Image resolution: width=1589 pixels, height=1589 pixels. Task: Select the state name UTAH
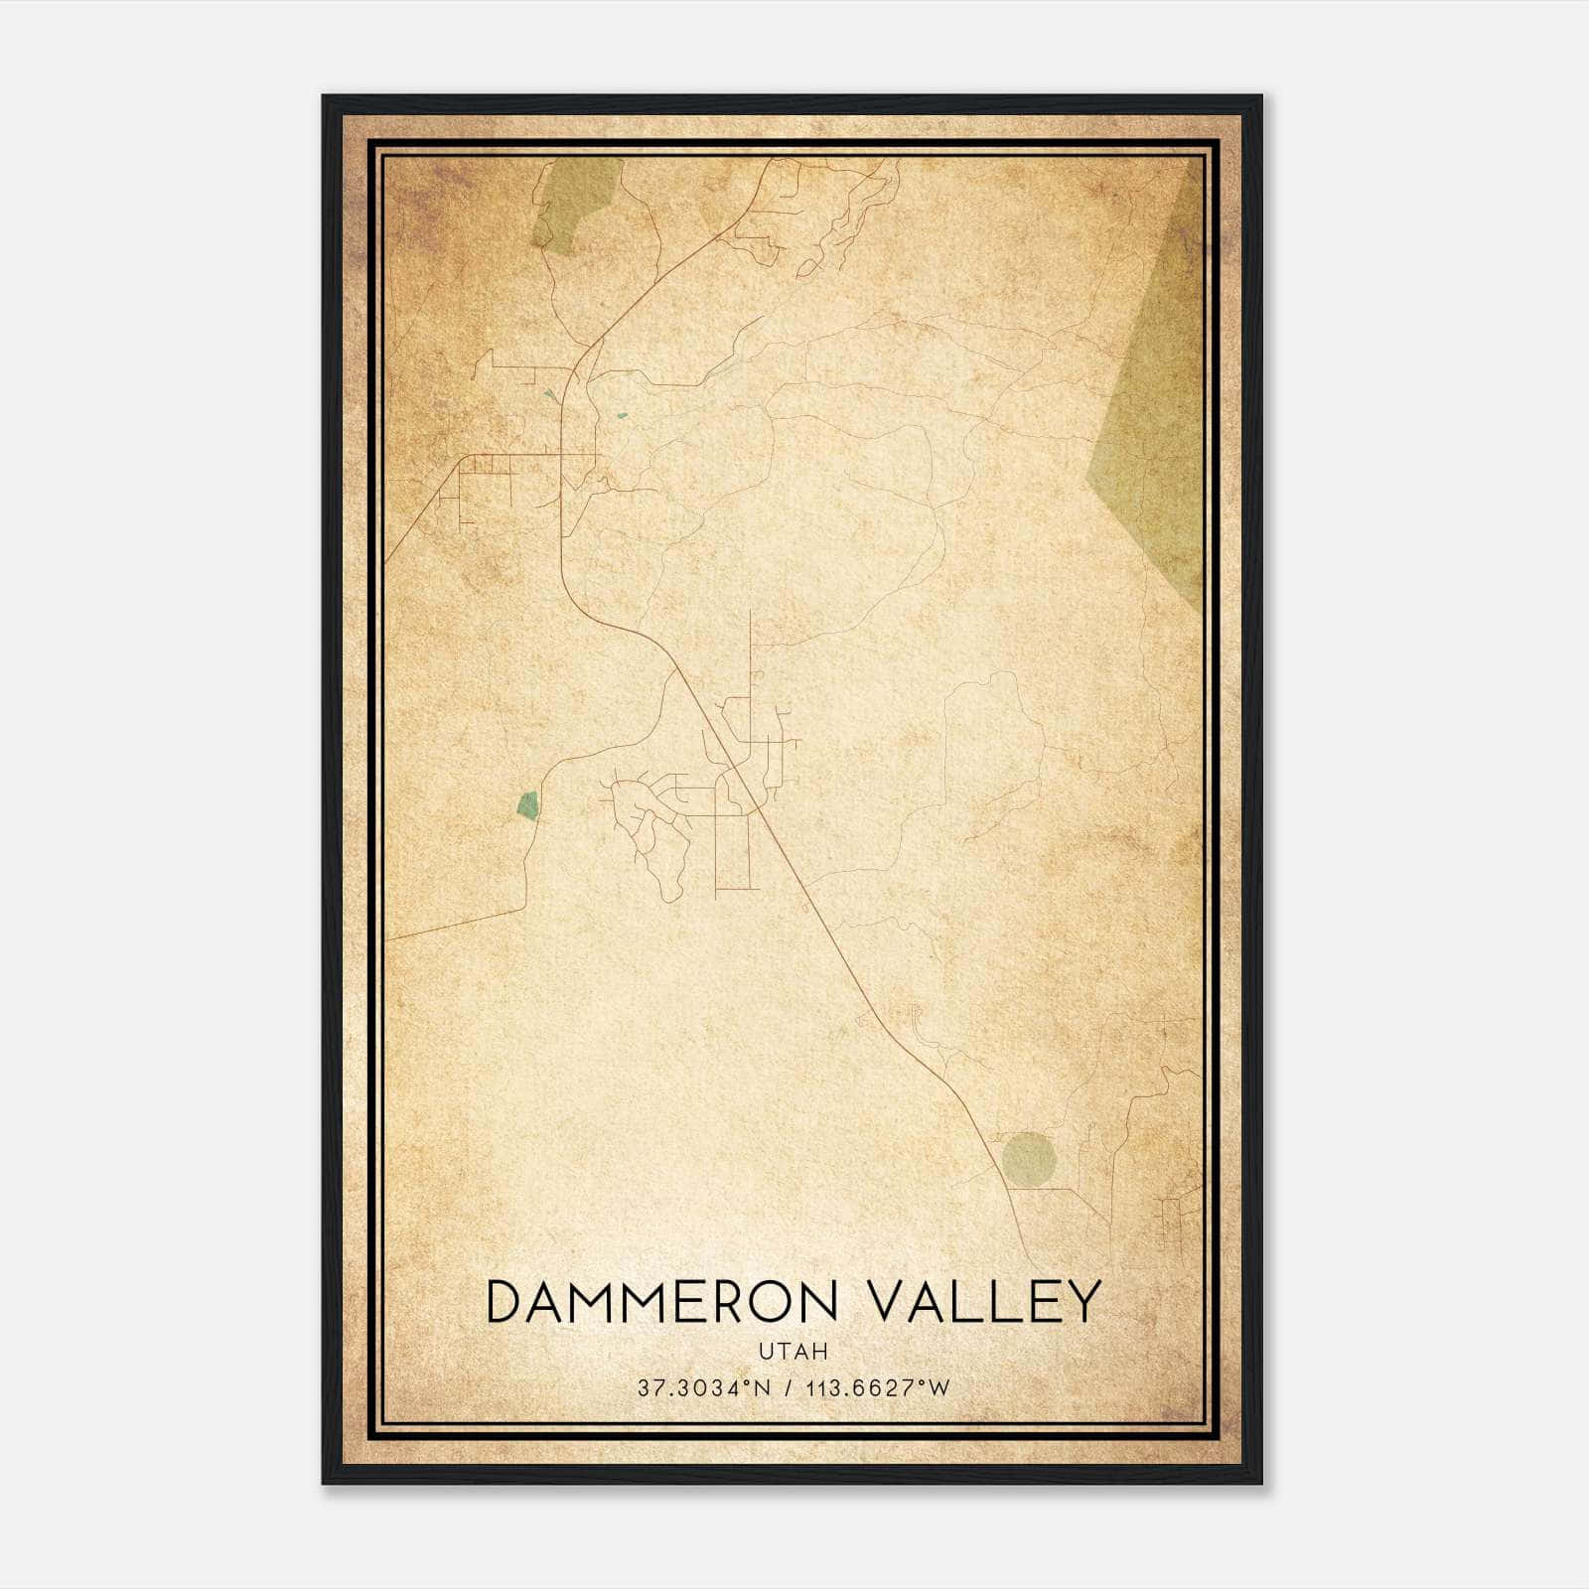[x=794, y=1352]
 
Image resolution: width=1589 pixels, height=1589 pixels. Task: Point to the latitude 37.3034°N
[x=704, y=1388]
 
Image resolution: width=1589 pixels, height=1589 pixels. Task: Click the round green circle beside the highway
[x=1028, y=1158]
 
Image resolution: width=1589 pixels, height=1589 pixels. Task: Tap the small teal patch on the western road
[x=527, y=804]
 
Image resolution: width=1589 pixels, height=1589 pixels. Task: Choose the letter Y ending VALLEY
[x=1083, y=1302]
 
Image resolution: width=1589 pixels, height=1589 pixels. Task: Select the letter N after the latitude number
[x=762, y=1388]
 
